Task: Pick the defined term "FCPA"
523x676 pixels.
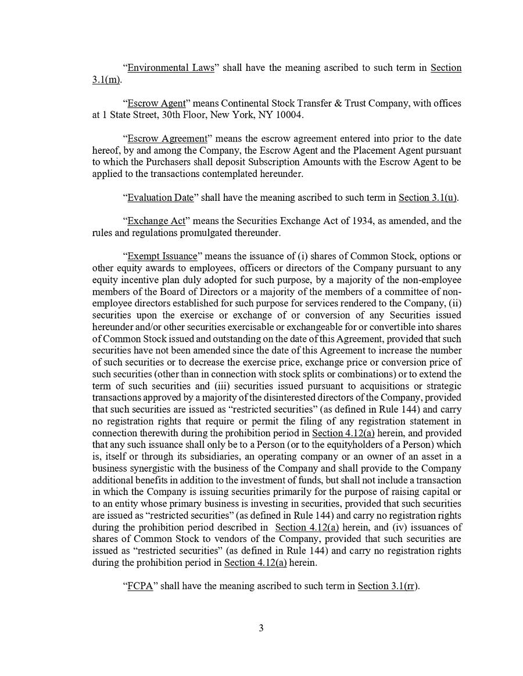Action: pyautogui.click(x=140, y=586)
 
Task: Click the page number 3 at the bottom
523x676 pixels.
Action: pyautogui.click(x=261, y=628)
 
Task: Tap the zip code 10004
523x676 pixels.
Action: pyautogui.click(x=288, y=115)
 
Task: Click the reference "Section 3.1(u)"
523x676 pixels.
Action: pyautogui.click(x=427, y=198)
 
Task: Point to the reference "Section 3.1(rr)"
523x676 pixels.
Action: pyautogui.click(x=388, y=586)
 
